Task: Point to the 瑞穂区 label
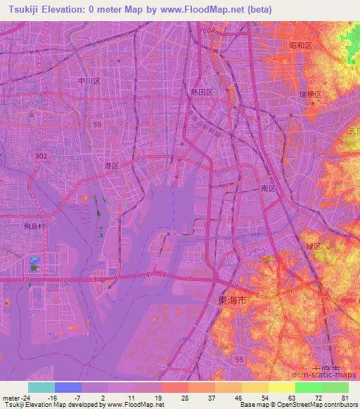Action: point(309,94)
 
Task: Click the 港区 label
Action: point(111,165)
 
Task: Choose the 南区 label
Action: point(266,189)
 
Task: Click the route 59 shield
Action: point(96,124)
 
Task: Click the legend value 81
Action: point(344,397)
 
